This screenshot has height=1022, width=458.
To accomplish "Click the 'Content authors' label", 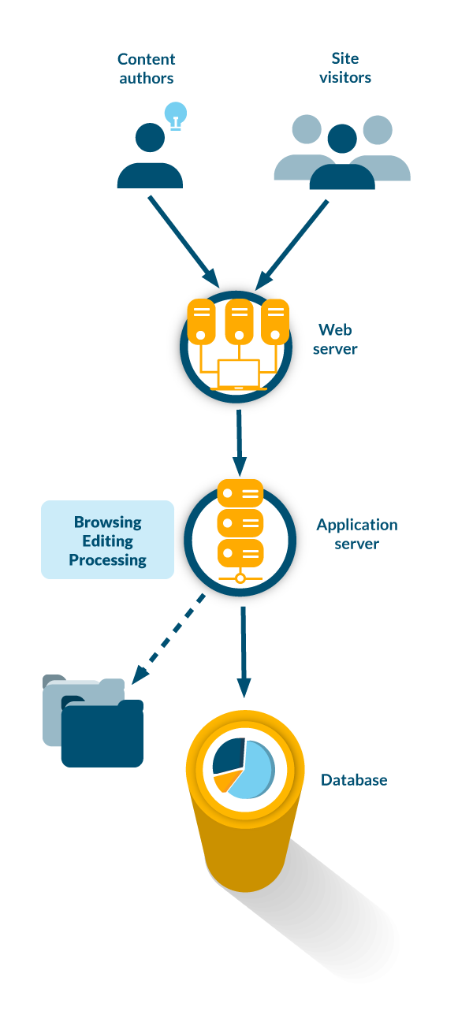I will point(147,68).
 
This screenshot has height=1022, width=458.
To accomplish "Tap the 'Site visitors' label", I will point(344,68).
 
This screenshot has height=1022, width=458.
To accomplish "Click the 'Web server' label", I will point(335,339).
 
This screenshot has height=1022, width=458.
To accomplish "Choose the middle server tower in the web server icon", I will point(239,321).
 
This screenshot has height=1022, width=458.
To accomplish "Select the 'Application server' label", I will point(357,533).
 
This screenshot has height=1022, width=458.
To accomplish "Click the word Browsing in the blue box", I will point(108,522).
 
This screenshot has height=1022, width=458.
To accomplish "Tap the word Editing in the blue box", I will point(108,541).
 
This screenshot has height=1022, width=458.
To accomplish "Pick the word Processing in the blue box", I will point(108,560).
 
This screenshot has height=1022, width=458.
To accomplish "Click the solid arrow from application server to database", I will point(244,650).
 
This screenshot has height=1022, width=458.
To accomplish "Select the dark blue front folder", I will point(102,735).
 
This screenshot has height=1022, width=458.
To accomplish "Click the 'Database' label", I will point(354,780).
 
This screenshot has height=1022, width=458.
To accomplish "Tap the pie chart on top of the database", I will point(243,768).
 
